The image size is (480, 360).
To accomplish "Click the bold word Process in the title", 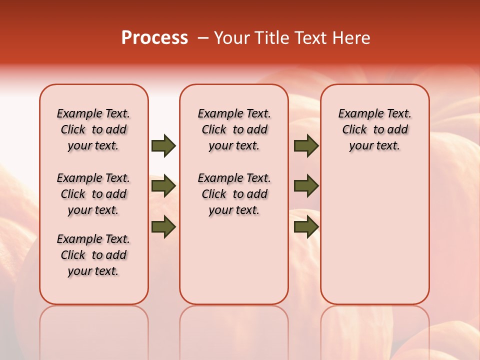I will point(154,38).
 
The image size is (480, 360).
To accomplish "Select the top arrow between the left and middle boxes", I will point(163,146).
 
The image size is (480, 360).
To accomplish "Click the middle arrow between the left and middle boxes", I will point(163,186).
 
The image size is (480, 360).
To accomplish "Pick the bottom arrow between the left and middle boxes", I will point(163,227).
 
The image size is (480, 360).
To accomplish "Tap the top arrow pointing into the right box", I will point(306,146).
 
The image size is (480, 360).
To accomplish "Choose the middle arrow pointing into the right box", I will point(306,186).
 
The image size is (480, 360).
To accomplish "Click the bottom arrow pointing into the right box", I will point(306,227).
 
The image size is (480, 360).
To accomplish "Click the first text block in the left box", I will point(93,129).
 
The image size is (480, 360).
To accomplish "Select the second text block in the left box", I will point(93,194).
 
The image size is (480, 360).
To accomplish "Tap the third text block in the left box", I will point(93,255).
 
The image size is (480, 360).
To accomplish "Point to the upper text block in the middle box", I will point(234,129).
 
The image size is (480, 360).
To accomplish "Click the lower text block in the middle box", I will point(234,194).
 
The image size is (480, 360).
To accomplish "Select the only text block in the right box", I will point(374,129).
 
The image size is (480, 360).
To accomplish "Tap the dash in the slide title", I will point(202,38).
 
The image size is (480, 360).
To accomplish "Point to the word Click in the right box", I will point(354,130).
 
